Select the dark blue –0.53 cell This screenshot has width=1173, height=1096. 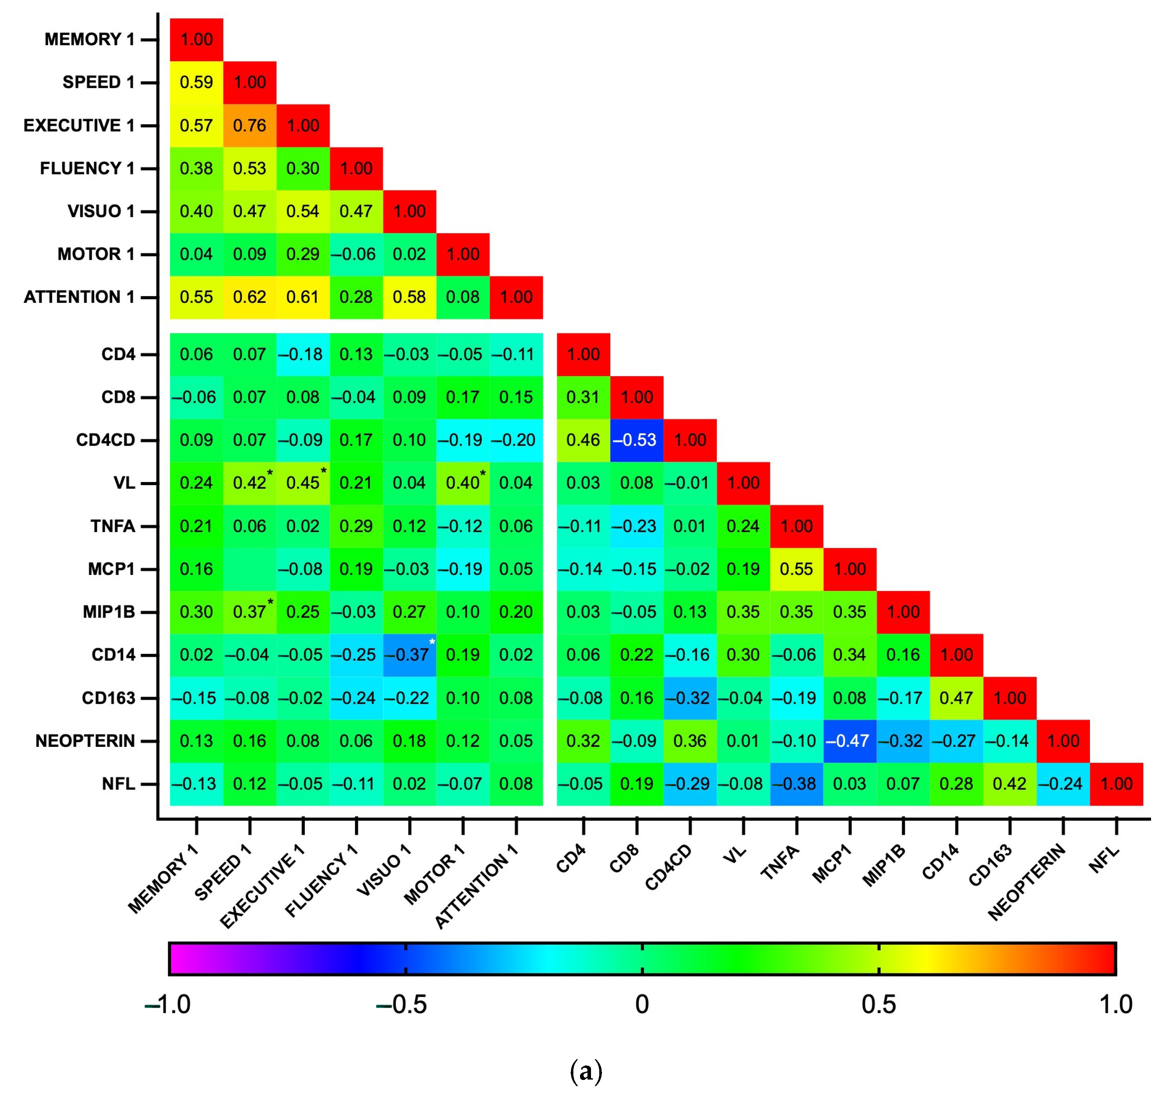point(636,440)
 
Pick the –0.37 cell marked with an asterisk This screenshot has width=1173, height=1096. point(410,655)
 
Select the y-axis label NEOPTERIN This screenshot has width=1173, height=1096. point(85,741)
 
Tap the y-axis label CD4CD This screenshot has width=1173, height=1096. point(105,440)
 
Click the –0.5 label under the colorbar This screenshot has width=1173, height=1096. point(402,1004)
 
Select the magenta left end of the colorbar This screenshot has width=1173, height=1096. point(177,958)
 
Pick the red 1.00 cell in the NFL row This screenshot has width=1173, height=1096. point(1116,784)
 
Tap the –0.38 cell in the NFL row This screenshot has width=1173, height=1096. point(796,784)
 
